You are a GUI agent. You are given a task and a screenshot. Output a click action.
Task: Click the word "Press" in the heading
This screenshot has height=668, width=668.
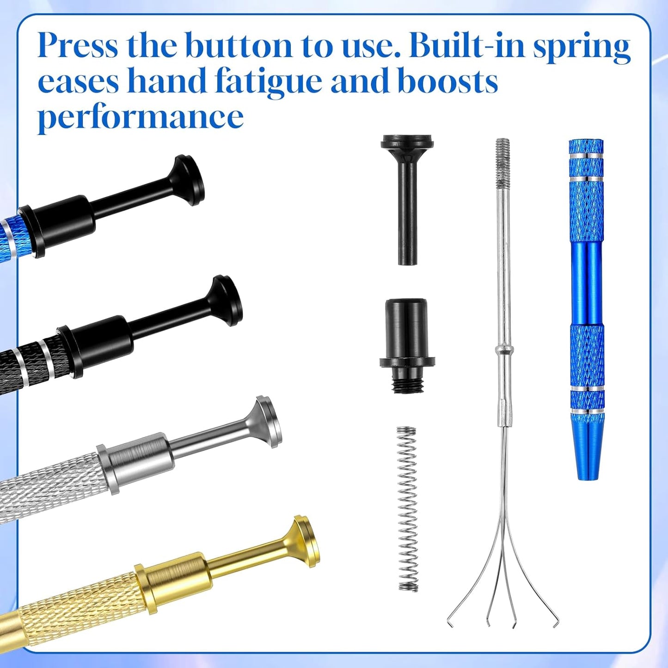pos(78,45)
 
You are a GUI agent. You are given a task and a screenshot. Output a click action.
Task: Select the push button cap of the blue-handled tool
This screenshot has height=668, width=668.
pos(189,180)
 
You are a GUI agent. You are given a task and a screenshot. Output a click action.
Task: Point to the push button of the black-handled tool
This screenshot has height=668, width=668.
pos(227,301)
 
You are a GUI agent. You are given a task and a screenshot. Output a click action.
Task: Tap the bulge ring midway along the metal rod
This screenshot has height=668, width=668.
pos(503,350)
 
